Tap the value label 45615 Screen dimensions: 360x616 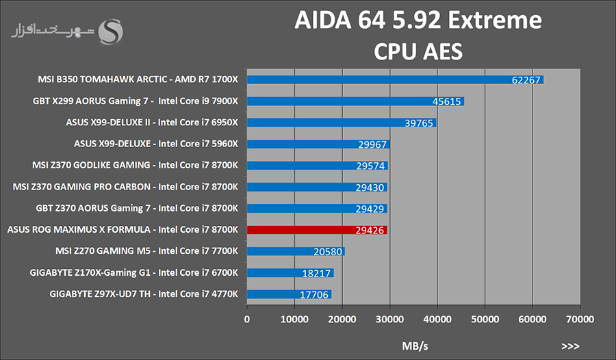[x=447, y=101]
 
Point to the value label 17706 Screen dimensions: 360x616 [x=315, y=294]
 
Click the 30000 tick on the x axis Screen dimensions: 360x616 [x=389, y=319]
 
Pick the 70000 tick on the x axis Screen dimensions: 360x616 [x=579, y=319]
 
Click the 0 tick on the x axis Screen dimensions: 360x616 [x=247, y=319]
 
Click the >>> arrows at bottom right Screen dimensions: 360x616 [x=571, y=346]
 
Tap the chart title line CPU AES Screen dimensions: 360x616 [x=418, y=51]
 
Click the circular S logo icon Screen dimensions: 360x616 [x=112, y=31]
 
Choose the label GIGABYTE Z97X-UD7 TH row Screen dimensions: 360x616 [x=144, y=294]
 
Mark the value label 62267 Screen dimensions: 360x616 [x=526, y=80]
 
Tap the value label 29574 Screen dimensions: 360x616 [x=372, y=166]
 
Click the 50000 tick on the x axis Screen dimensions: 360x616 [x=484, y=319]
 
